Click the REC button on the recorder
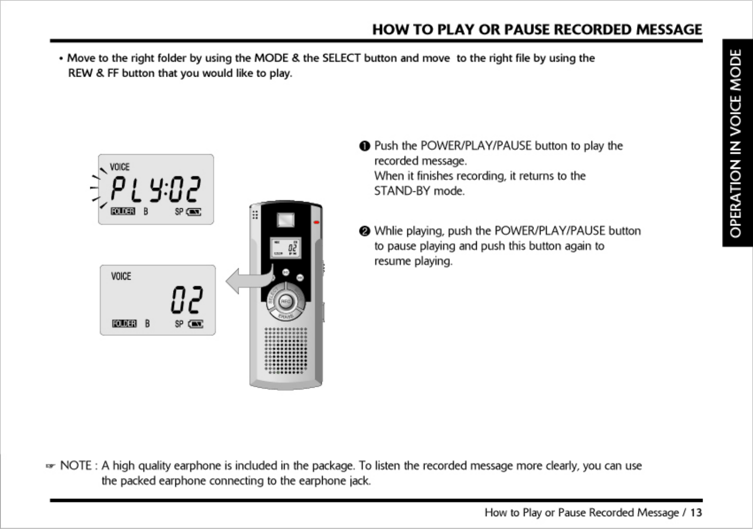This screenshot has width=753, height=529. click(x=285, y=301)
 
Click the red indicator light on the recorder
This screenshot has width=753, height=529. click(x=316, y=222)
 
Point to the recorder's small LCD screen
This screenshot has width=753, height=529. click(x=286, y=248)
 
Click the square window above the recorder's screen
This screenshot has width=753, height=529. click(x=286, y=220)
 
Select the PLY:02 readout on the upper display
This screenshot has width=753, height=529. click(x=156, y=189)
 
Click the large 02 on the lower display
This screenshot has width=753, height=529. click(x=187, y=300)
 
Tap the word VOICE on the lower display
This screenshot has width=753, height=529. click(x=121, y=276)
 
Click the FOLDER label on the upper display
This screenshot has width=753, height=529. click(x=123, y=211)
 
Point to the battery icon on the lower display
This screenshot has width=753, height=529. click(x=196, y=324)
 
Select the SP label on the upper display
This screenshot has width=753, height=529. click(x=179, y=212)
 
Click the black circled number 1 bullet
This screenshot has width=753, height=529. click(x=365, y=146)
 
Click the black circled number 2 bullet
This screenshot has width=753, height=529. click(x=365, y=231)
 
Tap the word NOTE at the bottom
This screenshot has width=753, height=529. click(x=76, y=465)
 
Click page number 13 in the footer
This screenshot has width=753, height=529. click(x=696, y=512)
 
